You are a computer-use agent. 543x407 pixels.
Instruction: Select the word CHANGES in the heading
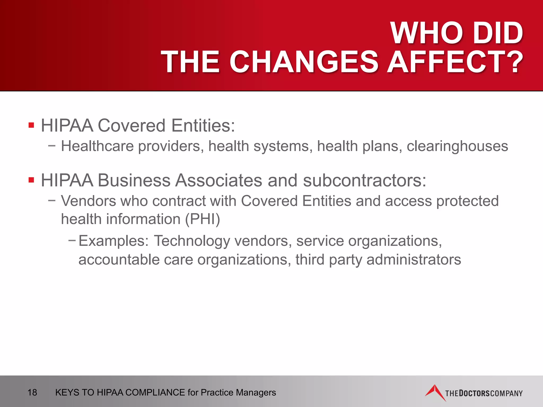click(304, 62)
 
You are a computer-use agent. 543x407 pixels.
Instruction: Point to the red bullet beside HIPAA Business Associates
click(31, 180)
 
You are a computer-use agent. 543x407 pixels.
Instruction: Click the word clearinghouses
click(457, 146)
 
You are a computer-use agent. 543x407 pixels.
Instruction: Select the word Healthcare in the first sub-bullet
click(97, 146)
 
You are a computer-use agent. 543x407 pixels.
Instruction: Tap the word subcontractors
click(365, 180)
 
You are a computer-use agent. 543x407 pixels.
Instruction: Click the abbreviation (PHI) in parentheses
click(203, 219)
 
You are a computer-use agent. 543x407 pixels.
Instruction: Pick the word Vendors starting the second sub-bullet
click(89, 201)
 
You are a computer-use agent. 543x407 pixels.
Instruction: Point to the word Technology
click(192, 241)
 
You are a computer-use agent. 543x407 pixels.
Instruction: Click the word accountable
click(119, 259)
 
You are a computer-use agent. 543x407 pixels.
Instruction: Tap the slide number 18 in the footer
click(32, 392)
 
